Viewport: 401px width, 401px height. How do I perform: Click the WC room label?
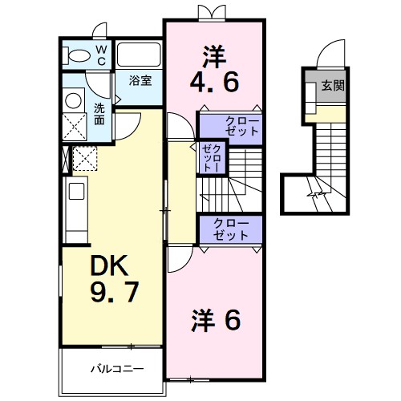pos(102,55)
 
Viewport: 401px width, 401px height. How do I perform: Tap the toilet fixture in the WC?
pos(79,55)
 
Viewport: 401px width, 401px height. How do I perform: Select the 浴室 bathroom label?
pos(141,80)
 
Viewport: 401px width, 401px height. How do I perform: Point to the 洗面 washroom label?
pos(99,114)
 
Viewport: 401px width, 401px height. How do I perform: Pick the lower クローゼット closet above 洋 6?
pos(231,229)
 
